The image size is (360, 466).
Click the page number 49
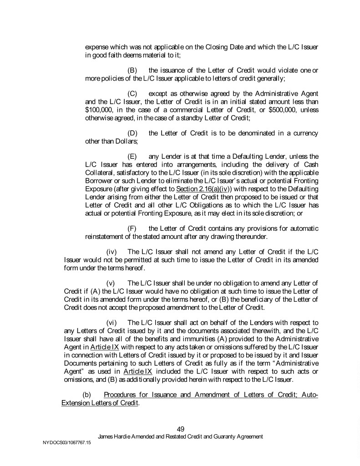pyautogui.click(x=180, y=429)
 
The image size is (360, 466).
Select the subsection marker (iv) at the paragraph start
pyautogui.click(x=112, y=252)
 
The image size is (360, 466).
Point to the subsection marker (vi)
pyautogui.click(x=112, y=323)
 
